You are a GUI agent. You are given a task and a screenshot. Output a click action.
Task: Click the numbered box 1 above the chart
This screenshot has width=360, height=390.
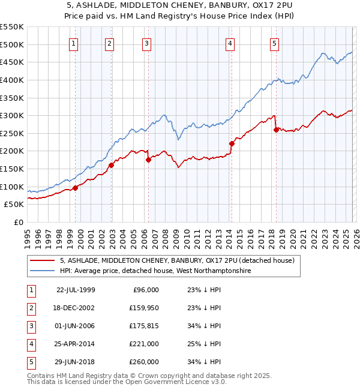tap(73, 43)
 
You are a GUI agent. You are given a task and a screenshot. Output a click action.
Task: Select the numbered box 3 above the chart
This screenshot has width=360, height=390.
tap(146, 43)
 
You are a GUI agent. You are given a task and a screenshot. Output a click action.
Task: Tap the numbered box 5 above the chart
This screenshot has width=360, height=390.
tap(274, 43)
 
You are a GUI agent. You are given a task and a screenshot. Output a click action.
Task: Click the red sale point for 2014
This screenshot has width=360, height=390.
tap(231, 143)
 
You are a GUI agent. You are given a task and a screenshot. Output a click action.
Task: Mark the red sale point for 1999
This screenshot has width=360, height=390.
tap(76, 188)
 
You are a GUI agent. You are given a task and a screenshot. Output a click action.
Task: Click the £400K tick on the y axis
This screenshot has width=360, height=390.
tap(11, 80)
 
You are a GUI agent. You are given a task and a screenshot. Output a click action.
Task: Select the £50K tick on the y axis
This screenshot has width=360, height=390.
tap(14, 205)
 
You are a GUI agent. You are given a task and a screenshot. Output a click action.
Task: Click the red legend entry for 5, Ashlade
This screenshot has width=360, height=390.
tap(177, 261)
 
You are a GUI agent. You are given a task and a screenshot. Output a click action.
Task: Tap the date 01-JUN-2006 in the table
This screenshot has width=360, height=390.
tap(75, 327)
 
